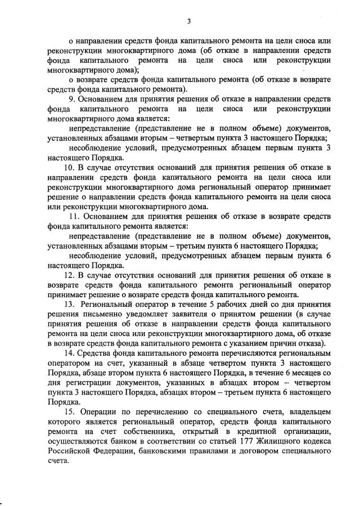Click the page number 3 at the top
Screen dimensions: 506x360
coord(190,21)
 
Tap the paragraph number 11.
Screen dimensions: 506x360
coord(73,217)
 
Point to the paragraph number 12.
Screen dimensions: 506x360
coord(68,275)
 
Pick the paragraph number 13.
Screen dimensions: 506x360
coord(69,304)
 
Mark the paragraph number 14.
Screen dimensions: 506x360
coord(68,353)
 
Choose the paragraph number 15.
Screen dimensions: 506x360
coord(69,412)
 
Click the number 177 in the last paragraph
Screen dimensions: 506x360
coord(243,441)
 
